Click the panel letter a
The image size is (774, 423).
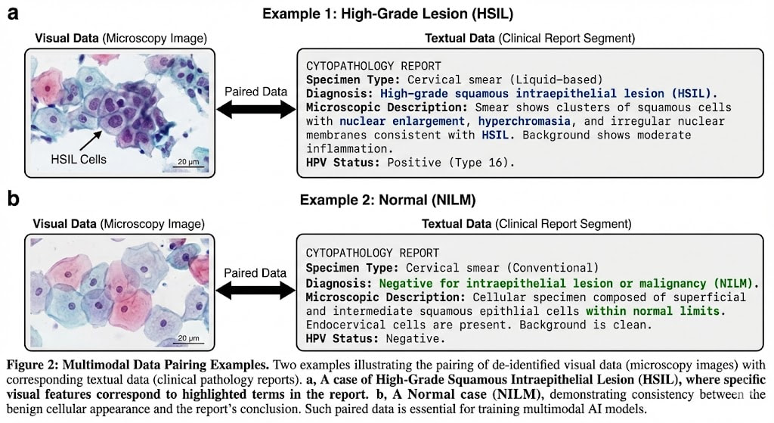click(14, 13)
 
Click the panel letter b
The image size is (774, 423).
click(14, 198)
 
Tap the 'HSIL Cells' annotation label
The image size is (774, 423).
click(79, 159)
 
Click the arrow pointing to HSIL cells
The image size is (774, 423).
click(91, 140)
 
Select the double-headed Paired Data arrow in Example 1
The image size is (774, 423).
click(255, 109)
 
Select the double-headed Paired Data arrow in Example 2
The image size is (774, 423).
click(255, 291)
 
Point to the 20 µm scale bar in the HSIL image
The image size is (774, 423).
click(188, 166)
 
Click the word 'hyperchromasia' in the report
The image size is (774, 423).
click(525, 121)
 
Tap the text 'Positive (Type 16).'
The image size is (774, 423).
click(450, 163)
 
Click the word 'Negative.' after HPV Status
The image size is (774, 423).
click(416, 338)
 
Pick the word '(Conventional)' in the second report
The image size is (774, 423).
click(553, 268)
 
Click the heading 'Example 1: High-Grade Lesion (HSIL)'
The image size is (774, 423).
click(388, 14)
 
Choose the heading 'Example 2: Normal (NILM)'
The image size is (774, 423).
click(388, 200)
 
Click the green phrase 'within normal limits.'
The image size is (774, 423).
click(655, 311)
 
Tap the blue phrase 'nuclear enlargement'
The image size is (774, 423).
click(402, 121)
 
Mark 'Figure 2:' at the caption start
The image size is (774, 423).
click(33, 365)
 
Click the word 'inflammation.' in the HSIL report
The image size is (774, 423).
click(349, 149)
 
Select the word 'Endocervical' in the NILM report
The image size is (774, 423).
click(345, 325)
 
